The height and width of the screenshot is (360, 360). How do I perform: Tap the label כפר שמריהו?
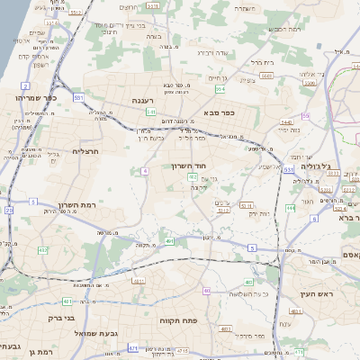(x=37, y=96)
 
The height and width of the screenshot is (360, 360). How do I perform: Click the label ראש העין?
(x=318, y=295)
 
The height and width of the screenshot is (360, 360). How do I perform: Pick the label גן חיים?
(x=217, y=78)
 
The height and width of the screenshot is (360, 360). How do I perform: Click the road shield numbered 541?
(x=151, y=112)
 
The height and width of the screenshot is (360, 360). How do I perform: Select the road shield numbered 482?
(x=43, y=249)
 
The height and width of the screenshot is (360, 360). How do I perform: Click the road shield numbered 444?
(x=291, y=207)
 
